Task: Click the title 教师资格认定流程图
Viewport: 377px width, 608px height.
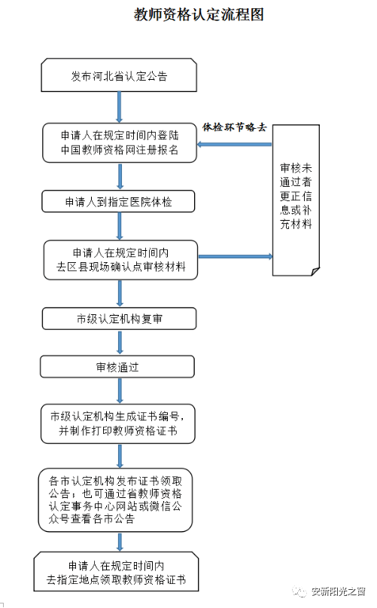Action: point(199,15)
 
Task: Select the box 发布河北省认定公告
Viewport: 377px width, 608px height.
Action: point(119,75)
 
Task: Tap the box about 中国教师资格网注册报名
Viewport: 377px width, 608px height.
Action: point(120,142)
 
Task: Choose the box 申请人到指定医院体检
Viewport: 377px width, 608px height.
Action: point(118,201)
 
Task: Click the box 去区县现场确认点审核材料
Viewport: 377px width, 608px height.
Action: point(120,260)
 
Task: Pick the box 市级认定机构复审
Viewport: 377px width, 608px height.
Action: point(120,319)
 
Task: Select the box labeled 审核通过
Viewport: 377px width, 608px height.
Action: point(117,367)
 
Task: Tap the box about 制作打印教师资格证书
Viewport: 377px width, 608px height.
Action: point(118,424)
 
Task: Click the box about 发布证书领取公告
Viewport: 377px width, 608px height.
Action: point(115,500)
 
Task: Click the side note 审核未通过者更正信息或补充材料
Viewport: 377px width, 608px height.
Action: point(296,200)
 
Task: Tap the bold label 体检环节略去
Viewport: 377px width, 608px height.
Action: point(235,127)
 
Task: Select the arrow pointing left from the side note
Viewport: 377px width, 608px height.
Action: point(235,144)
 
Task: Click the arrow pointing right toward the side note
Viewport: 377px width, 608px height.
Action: point(236,256)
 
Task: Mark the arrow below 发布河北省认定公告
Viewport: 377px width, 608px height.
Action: point(120,108)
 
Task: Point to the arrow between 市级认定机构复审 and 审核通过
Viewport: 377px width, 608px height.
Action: point(120,342)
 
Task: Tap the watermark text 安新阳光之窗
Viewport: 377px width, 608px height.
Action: point(339,591)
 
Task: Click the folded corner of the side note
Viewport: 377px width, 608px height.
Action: point(315,271)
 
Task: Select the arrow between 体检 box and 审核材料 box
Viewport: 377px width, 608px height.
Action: point(120,226)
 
